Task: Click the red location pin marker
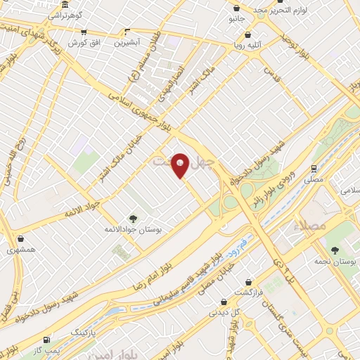click(180, 165)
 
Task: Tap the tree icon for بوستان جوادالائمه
click(134, 219)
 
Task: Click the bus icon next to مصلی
click(313, 168)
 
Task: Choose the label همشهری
click(20, 250)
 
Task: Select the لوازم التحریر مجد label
click(261, 8)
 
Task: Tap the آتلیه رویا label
click(247, 44)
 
